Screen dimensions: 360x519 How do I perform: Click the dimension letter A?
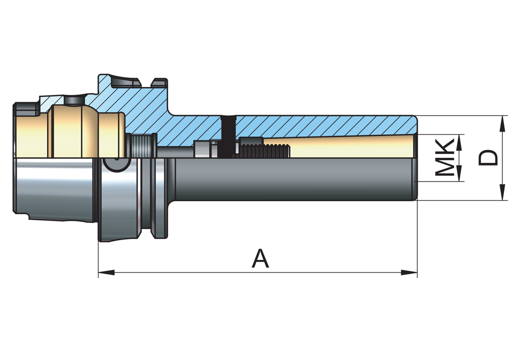point(260,258)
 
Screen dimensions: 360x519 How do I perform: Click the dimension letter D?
point(488,158)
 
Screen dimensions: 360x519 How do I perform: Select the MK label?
point(445,158)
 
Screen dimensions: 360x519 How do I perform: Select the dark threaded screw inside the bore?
point(265,151)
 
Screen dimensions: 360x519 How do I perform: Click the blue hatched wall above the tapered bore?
point(322,124)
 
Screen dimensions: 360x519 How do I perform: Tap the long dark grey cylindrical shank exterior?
point(296,179)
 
